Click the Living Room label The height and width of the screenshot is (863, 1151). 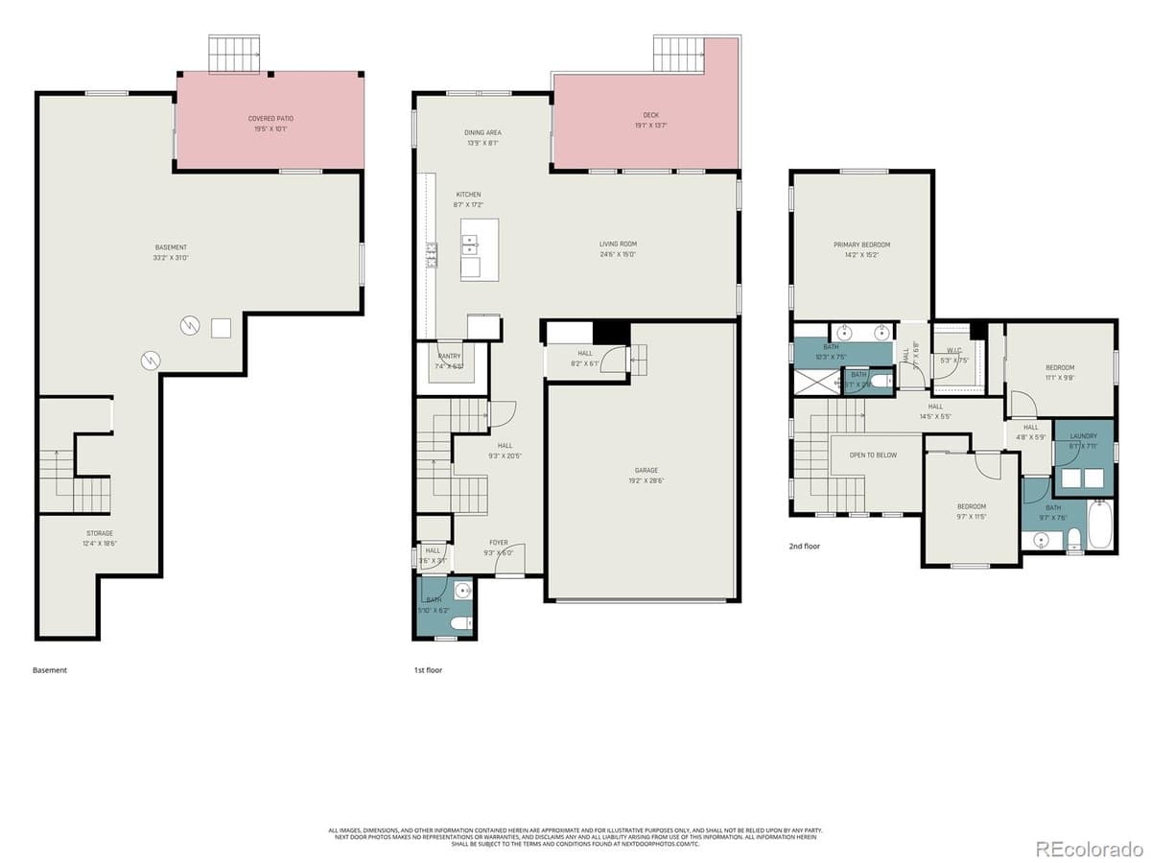click(x=618, y=248)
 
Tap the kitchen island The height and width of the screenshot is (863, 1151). click(x=480, y=248)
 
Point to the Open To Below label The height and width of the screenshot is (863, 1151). click(x=873, y=455)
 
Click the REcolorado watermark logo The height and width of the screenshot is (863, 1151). click(x=1089, y=848)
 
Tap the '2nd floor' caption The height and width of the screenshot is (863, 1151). click(x=805, y=547)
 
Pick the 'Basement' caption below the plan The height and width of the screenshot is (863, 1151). click(x=50, y=670)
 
